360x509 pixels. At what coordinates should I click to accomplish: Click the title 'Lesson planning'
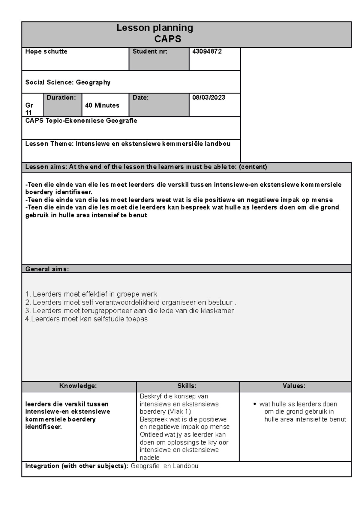coord(154,28)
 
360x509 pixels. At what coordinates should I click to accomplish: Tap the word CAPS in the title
coord(168,39)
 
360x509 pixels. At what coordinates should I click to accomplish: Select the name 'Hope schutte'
coord(46,52)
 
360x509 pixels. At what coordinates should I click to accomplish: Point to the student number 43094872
coord(207,52)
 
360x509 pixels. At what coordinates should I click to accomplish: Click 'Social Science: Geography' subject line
coord(68,82)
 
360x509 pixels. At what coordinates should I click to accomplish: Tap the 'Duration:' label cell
coord(61,98)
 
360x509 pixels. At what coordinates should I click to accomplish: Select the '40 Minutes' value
coord(102,106)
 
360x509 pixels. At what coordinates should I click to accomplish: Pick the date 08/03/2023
coord(208,98)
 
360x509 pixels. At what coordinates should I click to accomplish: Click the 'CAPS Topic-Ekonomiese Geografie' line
coord(81,121)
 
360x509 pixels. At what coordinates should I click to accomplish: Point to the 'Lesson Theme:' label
coord(49,144)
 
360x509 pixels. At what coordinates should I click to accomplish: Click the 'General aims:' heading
coord(47,269)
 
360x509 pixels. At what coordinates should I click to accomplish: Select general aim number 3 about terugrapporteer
coord(130,311)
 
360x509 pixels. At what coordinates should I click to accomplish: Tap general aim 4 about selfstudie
coord(86,319)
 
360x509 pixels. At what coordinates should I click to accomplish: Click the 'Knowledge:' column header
coord(78,386)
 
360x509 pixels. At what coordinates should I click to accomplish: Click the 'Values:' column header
coord(294,386)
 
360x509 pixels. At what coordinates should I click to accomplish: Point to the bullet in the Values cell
coord(254,404)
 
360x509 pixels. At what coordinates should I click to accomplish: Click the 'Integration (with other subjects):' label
coord(76,466)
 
